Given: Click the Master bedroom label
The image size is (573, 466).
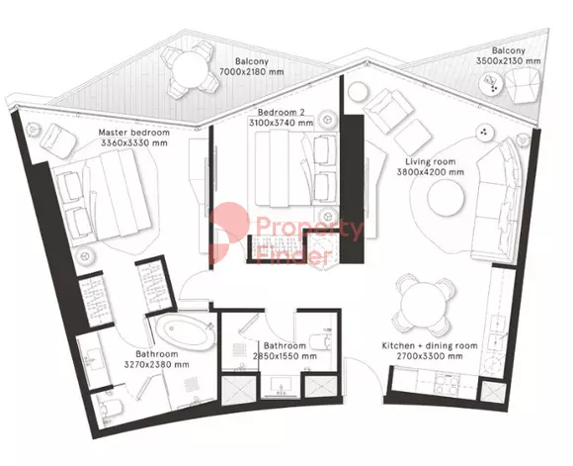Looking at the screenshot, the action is (x=134, y=133).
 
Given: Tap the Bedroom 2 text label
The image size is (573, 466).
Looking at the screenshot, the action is (x=281, y=113).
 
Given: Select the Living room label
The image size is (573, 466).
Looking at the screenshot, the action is (x=431, y=161).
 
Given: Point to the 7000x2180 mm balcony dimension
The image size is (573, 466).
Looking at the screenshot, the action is (x=251, y=72).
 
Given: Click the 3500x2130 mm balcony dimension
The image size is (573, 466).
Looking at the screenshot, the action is (x=508, y=60).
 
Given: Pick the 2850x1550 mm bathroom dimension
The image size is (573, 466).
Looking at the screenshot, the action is (x=286, y=356).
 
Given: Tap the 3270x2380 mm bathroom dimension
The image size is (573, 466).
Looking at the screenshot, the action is (x=157, y=365).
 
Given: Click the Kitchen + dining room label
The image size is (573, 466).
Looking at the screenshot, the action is (x=430, y=345).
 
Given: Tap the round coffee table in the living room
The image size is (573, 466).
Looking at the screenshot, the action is (x=447, y=199).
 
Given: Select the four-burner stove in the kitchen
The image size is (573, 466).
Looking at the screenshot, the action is (x=446, y=384).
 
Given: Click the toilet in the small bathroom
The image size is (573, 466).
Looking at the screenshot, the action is (x=321, y=341).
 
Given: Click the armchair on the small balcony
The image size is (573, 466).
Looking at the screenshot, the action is (x=522, y=86).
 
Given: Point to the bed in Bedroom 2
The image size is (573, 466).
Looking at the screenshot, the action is (x=295, y=168).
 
